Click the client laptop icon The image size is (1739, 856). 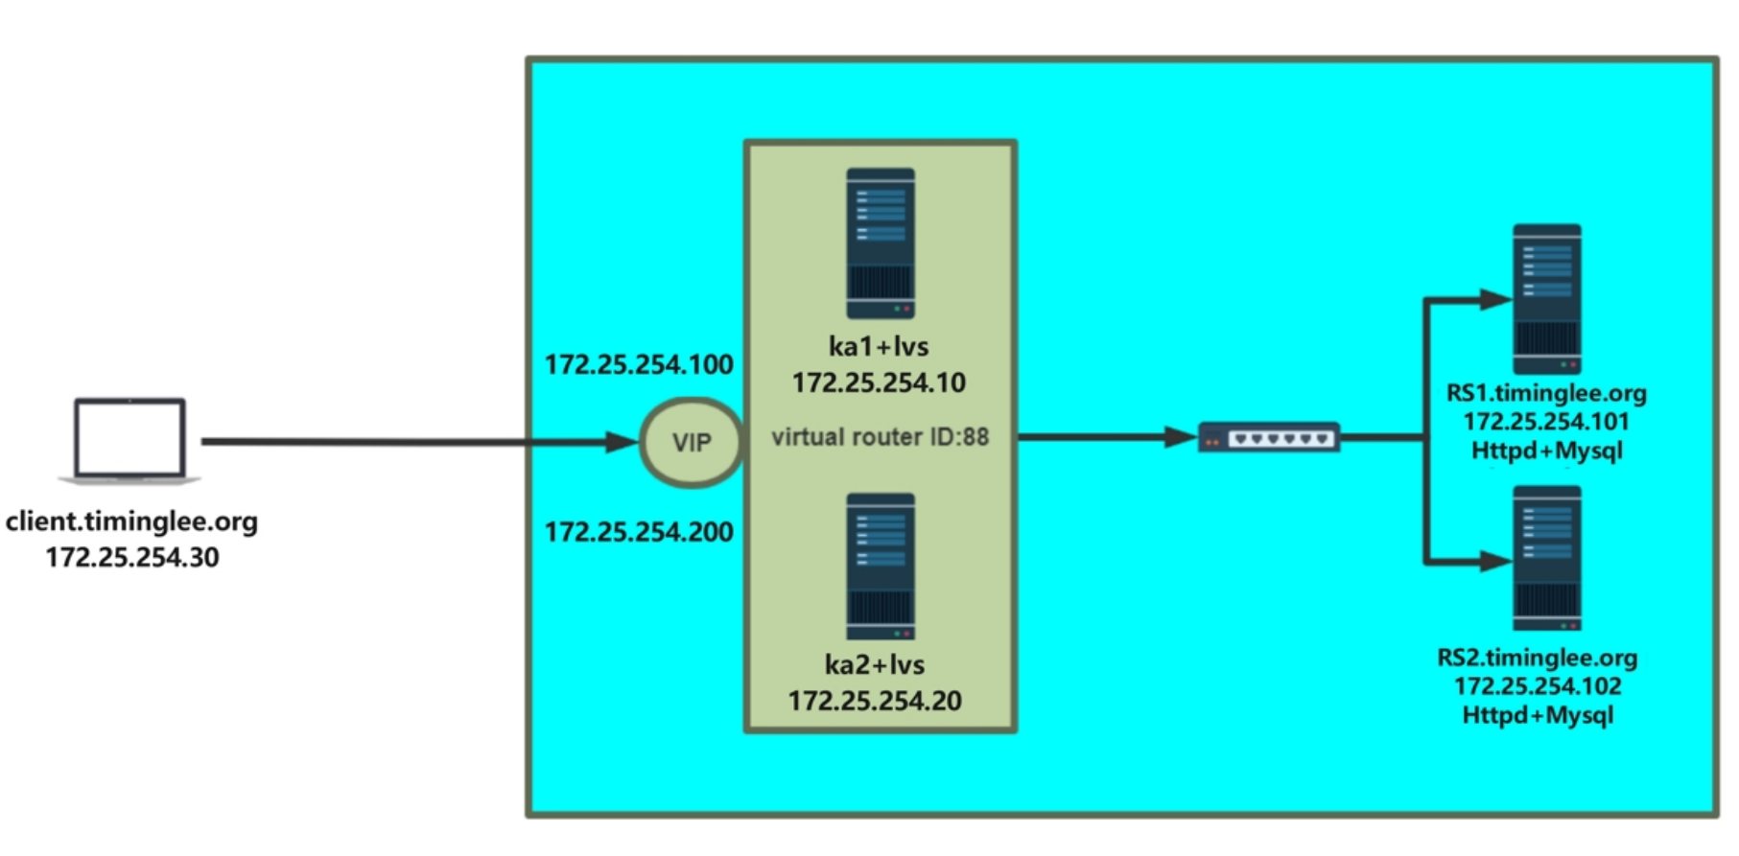coord(129,440)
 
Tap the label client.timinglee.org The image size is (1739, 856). coord(131,521)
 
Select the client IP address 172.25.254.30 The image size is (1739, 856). coord(132,557)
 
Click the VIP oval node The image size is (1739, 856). coord(691,442)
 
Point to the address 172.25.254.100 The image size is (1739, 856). coord(639,364)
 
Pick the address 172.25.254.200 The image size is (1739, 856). coord(639,532)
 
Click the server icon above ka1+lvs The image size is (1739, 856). coord(880,243)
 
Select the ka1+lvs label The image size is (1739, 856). coord(879,346)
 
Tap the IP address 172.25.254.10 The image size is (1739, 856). coord(879,382)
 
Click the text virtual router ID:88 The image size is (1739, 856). coord(880,437)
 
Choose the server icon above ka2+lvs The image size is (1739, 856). coord(880,566)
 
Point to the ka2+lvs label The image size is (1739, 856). coord(875,664)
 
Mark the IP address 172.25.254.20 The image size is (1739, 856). coord(875,701)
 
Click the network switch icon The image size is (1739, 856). coord(1268,438)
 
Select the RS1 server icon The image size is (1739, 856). coord(1546,299)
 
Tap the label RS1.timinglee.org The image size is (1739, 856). coord(1546,393)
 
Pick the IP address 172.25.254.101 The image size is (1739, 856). coord(1546,422)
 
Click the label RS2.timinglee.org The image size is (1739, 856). coord(1537,658)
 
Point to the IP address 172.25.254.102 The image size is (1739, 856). coord(1537,686)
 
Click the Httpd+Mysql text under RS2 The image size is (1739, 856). coord(1537,715)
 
